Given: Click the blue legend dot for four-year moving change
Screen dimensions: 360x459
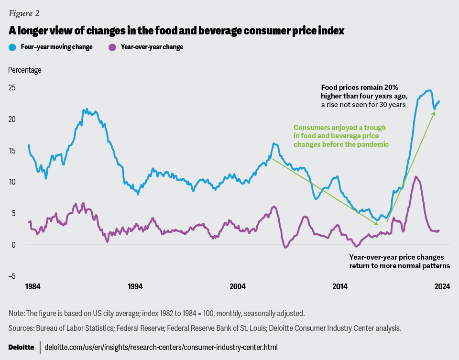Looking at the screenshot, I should coord(12,47).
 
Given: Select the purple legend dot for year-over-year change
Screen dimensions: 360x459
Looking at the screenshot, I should coord(113,47).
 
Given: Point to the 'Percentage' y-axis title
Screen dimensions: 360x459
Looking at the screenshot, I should coord(25,70).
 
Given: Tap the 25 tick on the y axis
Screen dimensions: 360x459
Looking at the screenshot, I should coord(12,87).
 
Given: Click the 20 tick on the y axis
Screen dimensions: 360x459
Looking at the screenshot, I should coord(12,119).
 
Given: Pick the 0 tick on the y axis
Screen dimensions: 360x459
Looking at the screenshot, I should coord(14,245).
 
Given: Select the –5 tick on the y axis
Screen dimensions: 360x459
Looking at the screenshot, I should coord(12,276).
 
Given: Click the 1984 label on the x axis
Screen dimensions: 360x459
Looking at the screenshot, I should coord(32,287).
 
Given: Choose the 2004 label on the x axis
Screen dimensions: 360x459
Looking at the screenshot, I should coord(238,287).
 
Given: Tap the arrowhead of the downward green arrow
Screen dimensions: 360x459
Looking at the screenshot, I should coord(377,224).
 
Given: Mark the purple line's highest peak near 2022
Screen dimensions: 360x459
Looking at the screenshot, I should coord(417,177).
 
